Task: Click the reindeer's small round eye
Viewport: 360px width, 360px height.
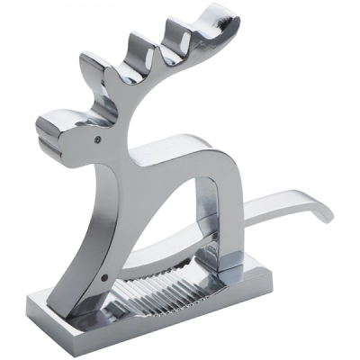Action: click(95, 139)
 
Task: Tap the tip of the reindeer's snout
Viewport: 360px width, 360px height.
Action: click(42, 127)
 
